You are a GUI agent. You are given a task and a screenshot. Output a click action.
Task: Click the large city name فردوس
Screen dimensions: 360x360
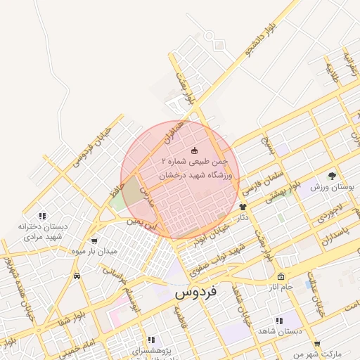[x=195, y=290]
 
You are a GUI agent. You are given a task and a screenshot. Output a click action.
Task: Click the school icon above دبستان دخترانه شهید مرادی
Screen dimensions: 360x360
[x=42, y=216]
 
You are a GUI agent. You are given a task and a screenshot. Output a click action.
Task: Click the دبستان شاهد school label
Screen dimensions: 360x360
[x=279, y=330]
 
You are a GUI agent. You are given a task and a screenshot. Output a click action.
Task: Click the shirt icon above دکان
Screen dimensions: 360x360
[x=243, y=207]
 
